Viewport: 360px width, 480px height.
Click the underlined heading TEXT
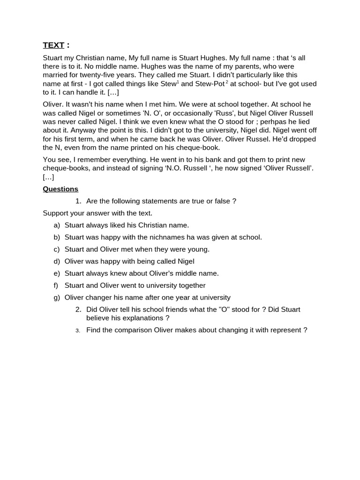click(x=53, y=45)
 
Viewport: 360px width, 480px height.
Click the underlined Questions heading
click(x=60, y=189)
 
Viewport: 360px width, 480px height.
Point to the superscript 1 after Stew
click(x=178, y=82)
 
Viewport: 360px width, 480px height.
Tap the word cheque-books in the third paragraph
click(x=64, y=168)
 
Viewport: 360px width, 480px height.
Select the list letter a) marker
click(x=57, y=225)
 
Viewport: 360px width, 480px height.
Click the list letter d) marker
click(x=57, y=261)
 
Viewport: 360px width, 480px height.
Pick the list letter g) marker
click(x=57, y=297)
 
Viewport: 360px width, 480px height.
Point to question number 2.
click(x=78, y=309)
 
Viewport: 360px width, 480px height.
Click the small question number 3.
click(x=78, y=330)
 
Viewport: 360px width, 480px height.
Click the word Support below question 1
click(x=56, y=213)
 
